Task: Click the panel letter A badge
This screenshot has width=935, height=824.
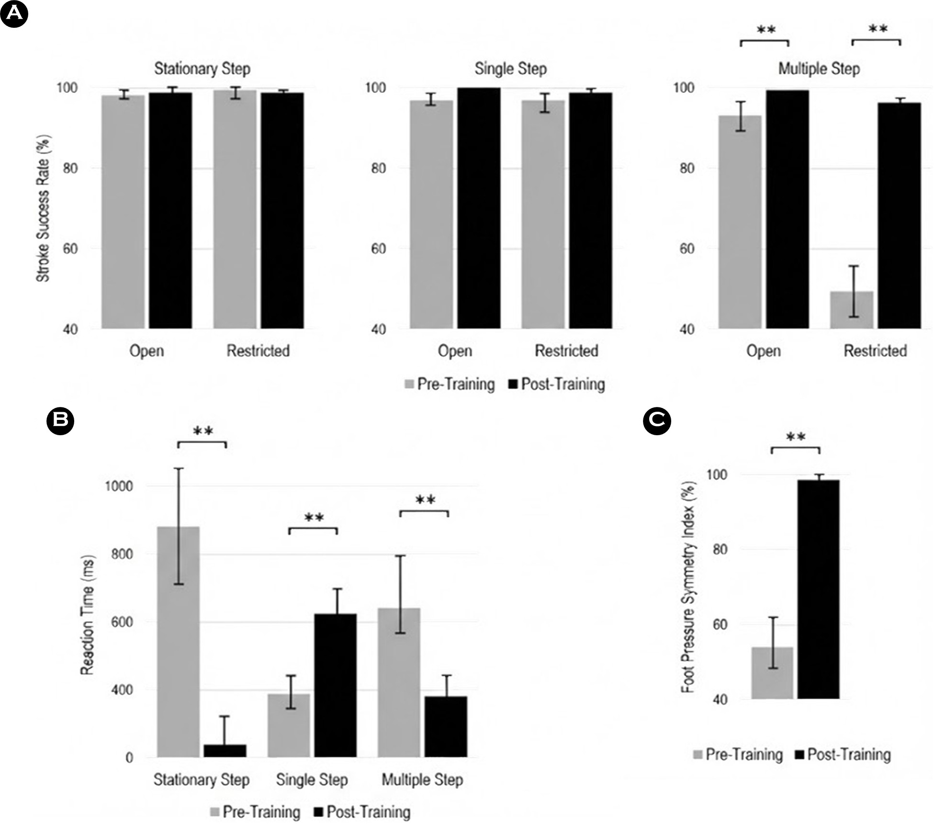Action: (14, 14)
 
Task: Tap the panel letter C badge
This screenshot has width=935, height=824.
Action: (657, 420)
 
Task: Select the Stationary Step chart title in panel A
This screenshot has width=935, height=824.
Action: (202, 69)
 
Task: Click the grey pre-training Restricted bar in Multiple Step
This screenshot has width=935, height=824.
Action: (851, 310)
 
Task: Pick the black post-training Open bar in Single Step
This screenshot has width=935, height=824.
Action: (479, 208)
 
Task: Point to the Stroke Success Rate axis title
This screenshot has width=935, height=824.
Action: (44, 208)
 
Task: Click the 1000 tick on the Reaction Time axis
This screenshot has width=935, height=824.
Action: (119, 486)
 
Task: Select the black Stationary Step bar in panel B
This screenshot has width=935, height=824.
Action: (225, 751)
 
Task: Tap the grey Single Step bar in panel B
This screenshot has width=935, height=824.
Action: (289, 725)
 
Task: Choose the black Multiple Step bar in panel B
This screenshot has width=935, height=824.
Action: (446, 727)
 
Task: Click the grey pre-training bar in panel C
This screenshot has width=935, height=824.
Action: (772, 673)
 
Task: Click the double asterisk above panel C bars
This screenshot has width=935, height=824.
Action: (795, 437)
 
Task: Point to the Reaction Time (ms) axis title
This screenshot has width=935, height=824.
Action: (88, 615)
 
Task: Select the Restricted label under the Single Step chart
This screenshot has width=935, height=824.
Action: (566, 351)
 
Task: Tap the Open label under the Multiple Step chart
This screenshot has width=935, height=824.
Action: (763, 351)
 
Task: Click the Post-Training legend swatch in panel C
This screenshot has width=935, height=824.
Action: (800, 755)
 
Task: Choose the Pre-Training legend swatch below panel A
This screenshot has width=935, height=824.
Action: (409, 384)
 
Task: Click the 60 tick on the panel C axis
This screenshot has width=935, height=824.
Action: (720, 624)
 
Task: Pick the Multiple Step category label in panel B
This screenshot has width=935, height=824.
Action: (422, 780)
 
